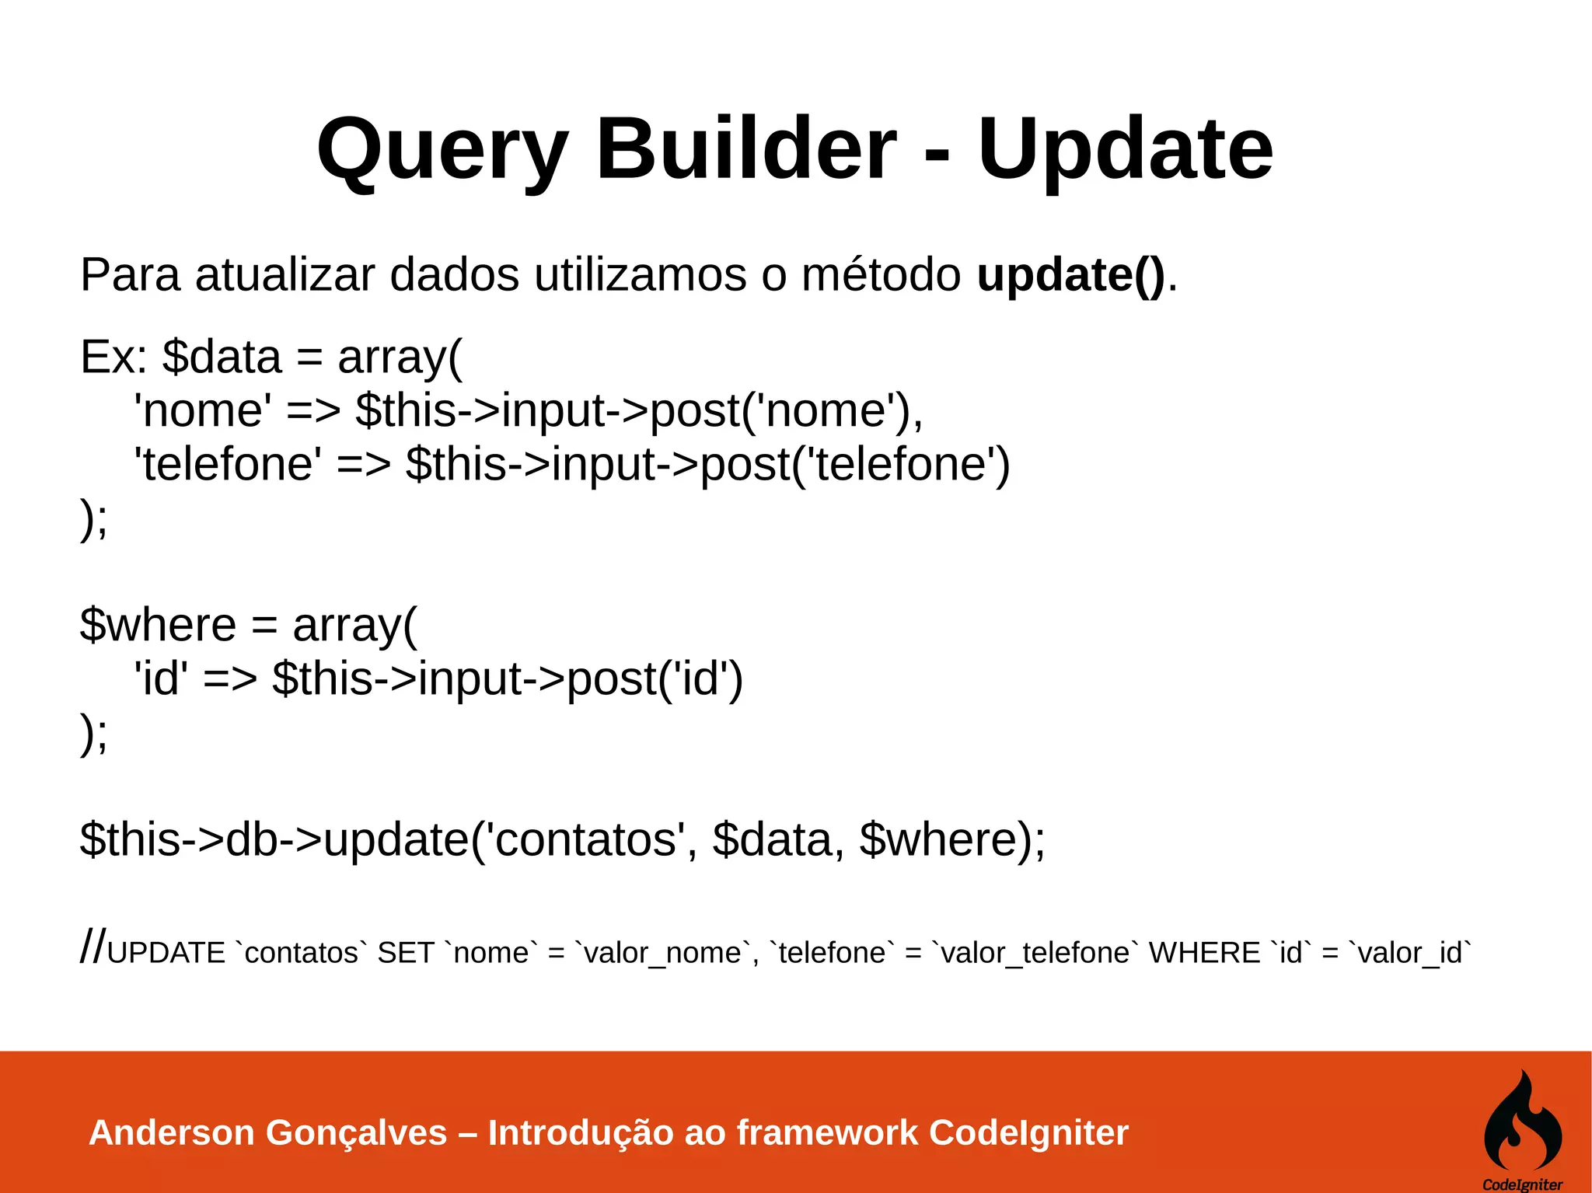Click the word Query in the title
[x=442, y=149]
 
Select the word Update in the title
[x=1125, y=149]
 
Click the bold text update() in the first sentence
[x=1070, y=275]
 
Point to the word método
[x=881, y=275]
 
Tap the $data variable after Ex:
[x=222, y=358]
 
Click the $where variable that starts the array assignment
[x=158, y=625]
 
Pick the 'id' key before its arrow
[x=161, y=678]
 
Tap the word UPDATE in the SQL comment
[x=166, y=953]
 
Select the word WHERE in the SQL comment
[x=1204, y=953]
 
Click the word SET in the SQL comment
[x=405, y=953]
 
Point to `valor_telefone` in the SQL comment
[x=1036, y=953]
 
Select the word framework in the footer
[x=827, y=1132]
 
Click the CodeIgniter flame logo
[x=1522, y=1122]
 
